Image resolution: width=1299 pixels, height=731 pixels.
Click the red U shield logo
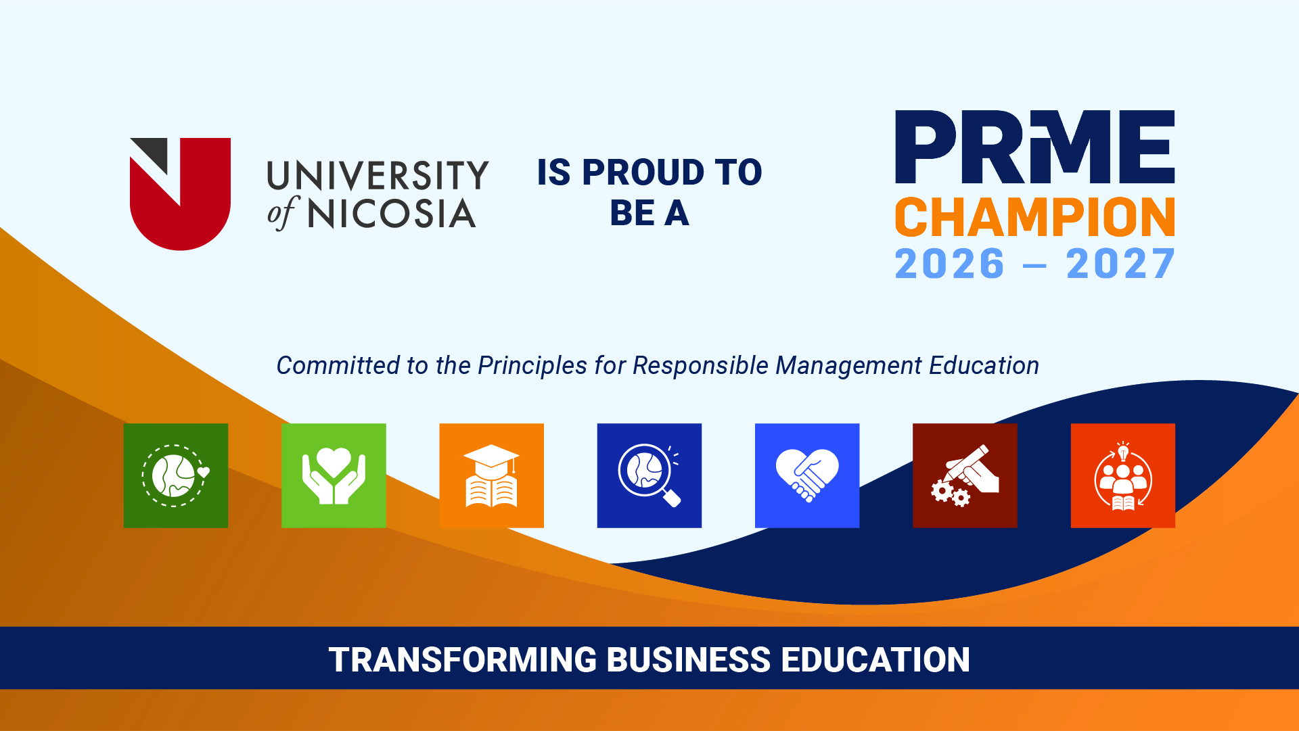(x=181, y=194)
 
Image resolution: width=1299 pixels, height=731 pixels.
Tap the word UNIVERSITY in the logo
(x=378, y=176)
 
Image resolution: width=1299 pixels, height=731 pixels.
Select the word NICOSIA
(x=392, y=214)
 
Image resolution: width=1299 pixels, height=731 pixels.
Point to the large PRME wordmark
(x=1035, y=147)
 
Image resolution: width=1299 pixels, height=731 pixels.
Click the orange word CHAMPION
(x=1035, y=218)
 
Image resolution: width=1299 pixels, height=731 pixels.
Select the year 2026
(x=949, y=264)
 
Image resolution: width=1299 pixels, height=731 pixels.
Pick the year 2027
(x=1120, y=264)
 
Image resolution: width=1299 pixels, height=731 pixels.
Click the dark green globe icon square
(x=176, y=475)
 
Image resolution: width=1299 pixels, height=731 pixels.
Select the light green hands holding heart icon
(x=334, y=475)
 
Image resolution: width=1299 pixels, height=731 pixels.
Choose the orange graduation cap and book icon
(x=492, y=475)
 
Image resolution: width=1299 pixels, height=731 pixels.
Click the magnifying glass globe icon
(x=649, y=475)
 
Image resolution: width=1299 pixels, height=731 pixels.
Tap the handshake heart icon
(x=807, y=475)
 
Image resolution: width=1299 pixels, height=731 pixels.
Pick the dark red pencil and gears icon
(x=965, y=475)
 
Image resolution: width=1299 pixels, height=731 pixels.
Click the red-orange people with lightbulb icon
(x=1123, y=475)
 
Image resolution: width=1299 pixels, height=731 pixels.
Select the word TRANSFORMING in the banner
(x=463, y=660)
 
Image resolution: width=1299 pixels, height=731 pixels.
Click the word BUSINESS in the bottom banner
(x=689, y=660)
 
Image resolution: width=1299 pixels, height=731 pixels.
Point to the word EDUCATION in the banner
(x=875, y=660)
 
